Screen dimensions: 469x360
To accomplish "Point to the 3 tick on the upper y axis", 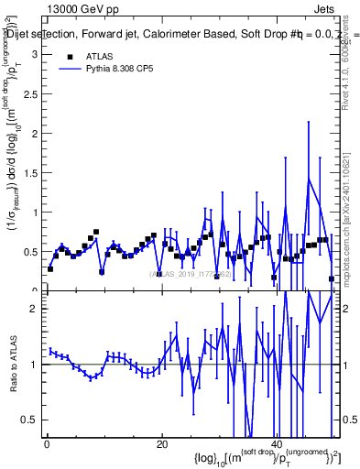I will [x=37, y=54].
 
